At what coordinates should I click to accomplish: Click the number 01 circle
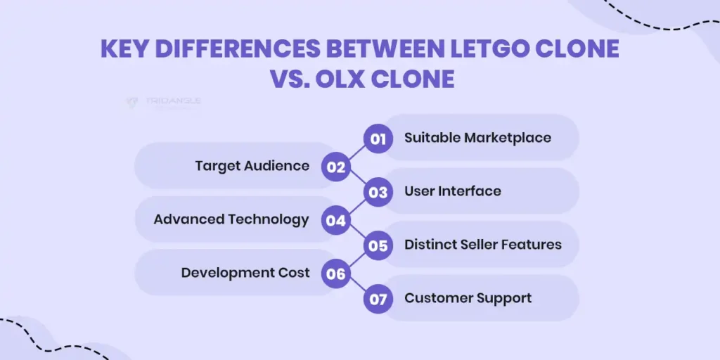(378, 139)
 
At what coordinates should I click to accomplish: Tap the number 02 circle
(336, 167)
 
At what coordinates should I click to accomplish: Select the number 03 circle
(378, 192)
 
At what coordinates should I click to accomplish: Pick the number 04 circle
(336, 220)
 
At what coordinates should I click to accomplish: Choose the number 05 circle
(378, 245)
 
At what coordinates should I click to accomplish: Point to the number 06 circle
(336, 274)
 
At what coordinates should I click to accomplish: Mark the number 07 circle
(378, 299)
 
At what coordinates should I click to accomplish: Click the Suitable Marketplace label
(477, 138)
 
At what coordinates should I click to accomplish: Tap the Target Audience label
(252, 166)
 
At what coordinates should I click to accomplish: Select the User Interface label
(452, 191)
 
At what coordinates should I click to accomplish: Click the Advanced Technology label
(231, 219)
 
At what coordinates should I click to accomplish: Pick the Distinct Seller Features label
(482, 245)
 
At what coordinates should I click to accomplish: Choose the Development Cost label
(245, 273)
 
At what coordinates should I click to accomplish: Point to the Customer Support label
(468, 298)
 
